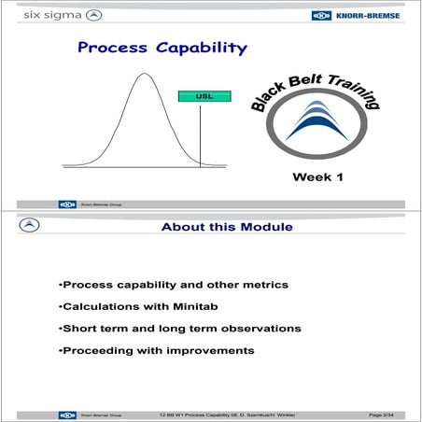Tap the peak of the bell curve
[x=142, y=76]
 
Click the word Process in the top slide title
[x=108, y=48]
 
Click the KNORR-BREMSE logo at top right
[x=361, y=15]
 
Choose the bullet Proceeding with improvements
[x=156, y=350]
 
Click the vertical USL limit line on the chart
[x=200, y=135]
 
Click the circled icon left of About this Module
[x=30, y=226]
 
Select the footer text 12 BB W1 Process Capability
[x=196, y=414]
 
